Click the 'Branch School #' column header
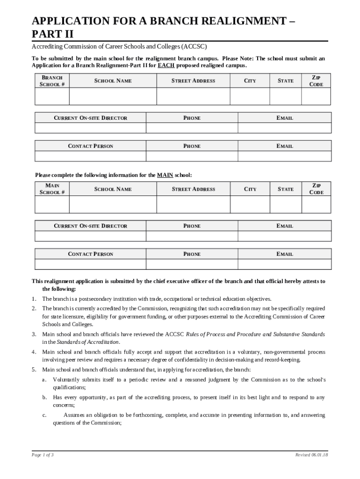pyautogui.click(x=52, y=80)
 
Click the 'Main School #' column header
pyautogui.click(x=52, y=189)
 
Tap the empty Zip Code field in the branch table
pyautogui.click(x=316, y=96)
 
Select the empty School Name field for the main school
pyautogui.click(x=113, y=204)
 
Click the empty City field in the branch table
pyautogui.click(x=250, y=96)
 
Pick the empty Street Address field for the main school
pyautogui.click(x=193, y=204)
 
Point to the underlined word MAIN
pyautogui.click(x=165, y=175)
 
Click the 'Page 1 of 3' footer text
pyautogui.click(x=43, y=455)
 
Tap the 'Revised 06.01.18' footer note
pyautogui.click(x=311, y=455)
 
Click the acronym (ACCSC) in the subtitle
pyautogui.click(x=194, y=47)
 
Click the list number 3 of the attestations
pyautogui.click(x=34, y=334)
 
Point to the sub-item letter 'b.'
pyautogui.click(x=44, y=398)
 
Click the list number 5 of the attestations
pyautogui.click(x=34, y=370)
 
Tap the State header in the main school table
pyautogui.click(x=286, y=189)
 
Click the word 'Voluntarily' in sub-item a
pyautogui.click(x=66, y=380)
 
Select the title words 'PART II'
pyautogui.click(x=52, y=34)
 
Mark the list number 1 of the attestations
pyautogui.click(x=34, y=299)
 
